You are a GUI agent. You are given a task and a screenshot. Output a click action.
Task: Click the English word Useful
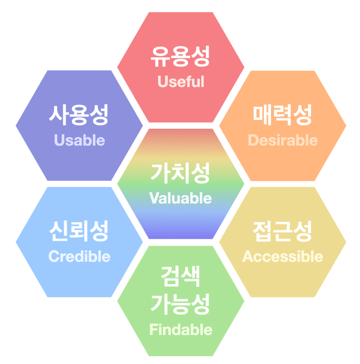pos(181,81)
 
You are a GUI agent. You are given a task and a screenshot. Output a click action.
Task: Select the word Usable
pos(79,140)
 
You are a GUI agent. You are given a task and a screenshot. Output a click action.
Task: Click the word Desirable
pos(283,140)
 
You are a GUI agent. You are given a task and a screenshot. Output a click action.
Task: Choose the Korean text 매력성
pos(283,115)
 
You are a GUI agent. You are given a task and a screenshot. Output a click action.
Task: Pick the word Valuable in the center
pos(181,198)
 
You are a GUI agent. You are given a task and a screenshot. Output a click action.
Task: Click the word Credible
pos(79,256)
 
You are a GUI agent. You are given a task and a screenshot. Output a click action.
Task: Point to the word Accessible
pos(283,256)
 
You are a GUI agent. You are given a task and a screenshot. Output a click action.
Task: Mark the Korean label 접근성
pos(283,232)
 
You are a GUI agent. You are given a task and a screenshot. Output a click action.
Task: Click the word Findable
pos(181,330)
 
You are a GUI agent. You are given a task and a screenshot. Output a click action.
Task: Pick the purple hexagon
pos(79,163)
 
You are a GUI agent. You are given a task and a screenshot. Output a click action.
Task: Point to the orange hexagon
pos(283,163)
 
